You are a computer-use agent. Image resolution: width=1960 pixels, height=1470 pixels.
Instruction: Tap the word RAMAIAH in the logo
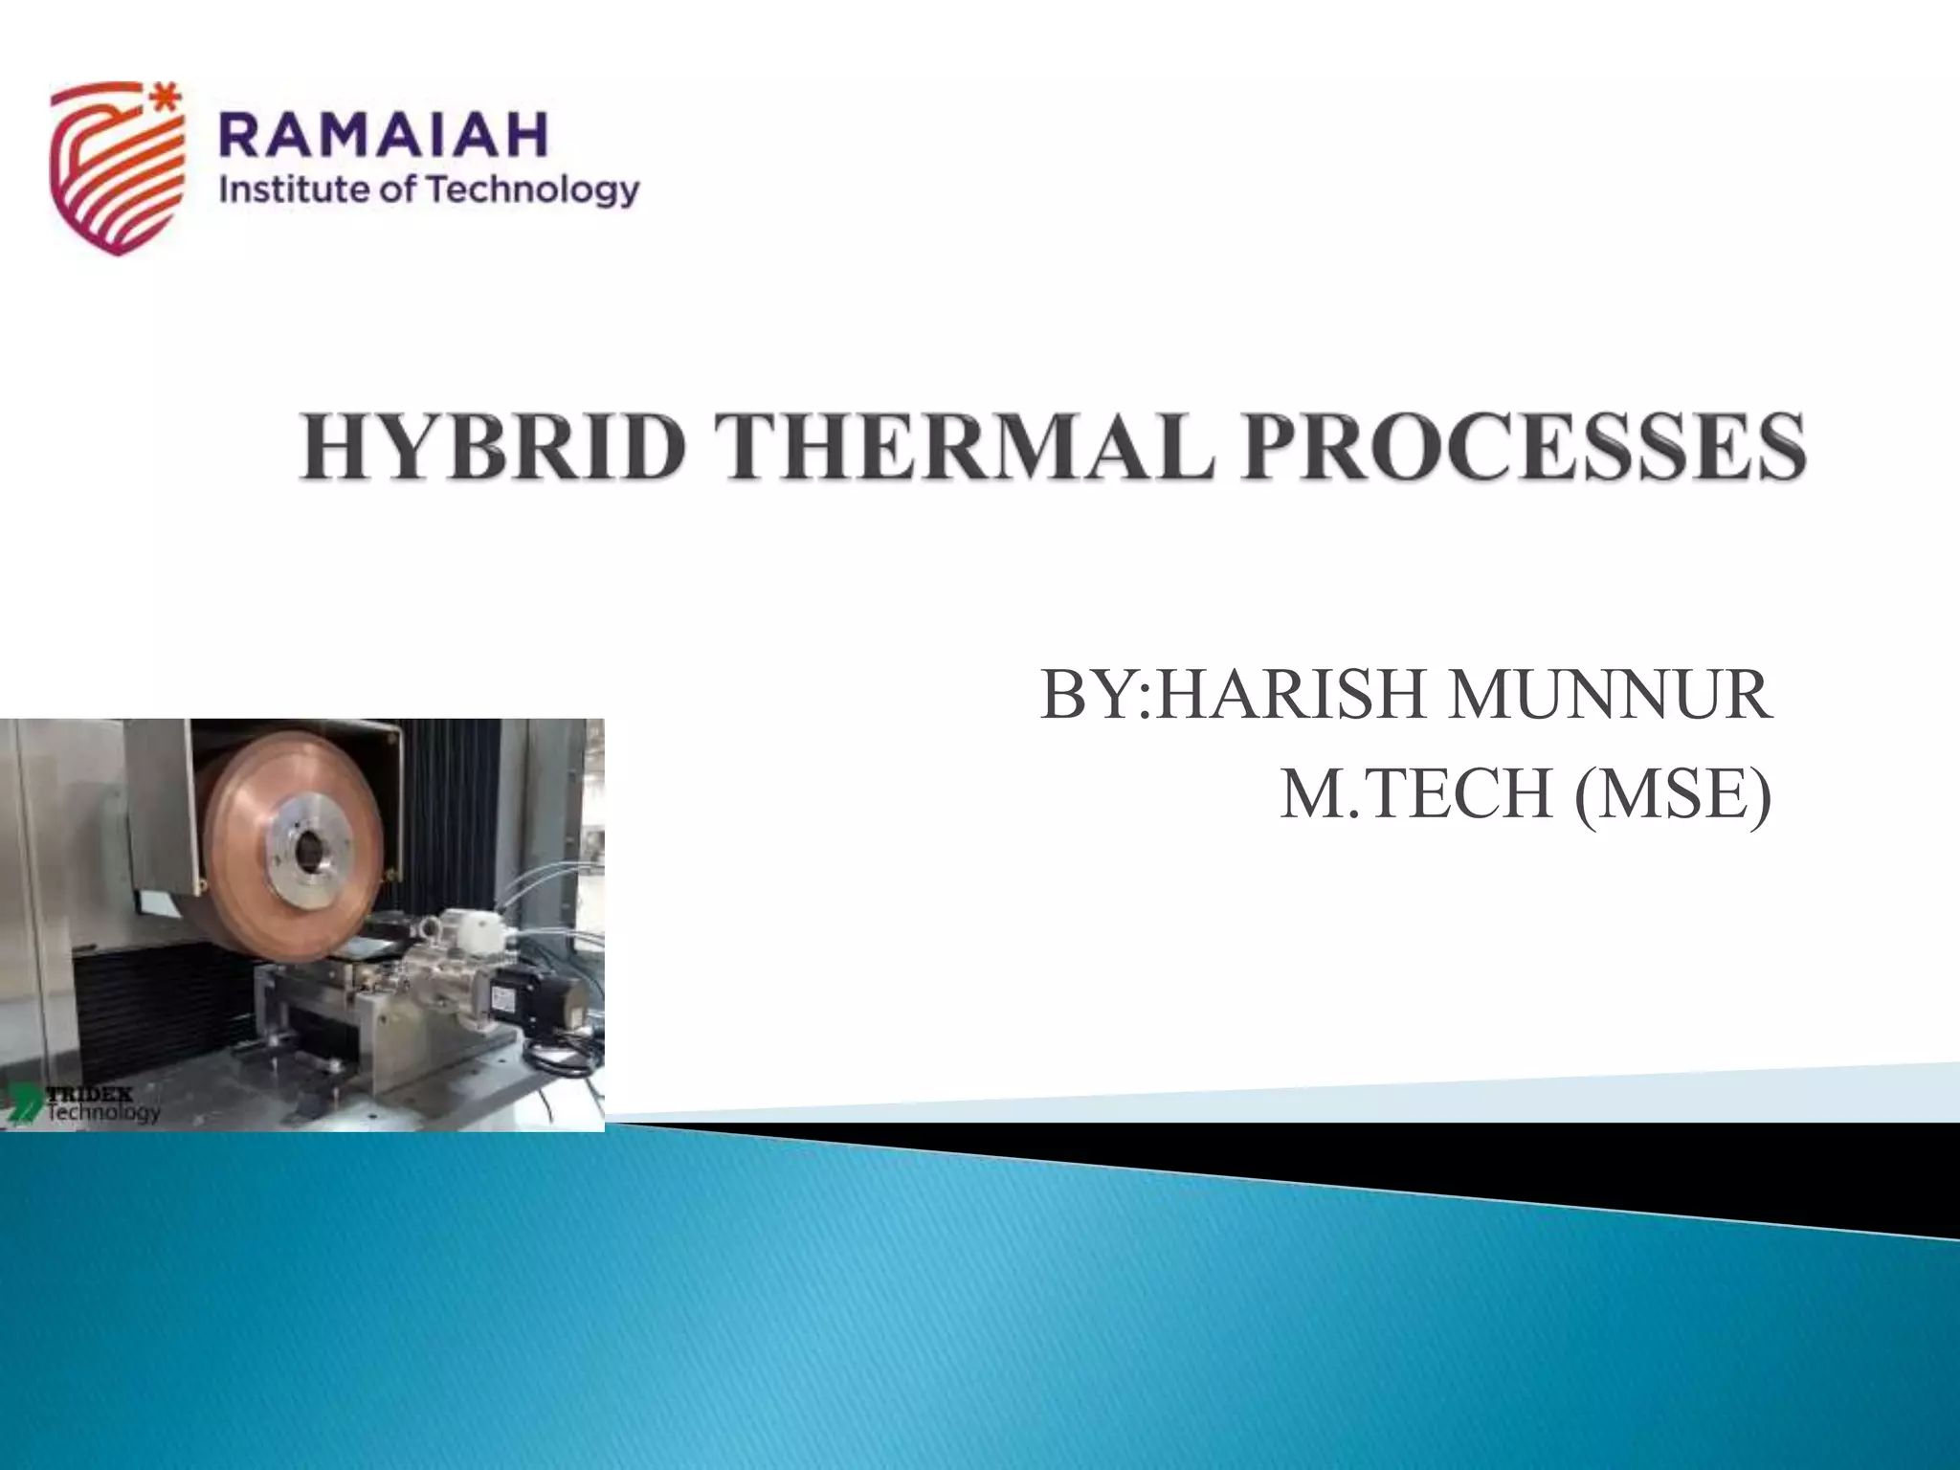click(x=383, y=135)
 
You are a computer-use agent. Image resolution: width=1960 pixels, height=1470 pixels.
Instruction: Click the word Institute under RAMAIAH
click(x=292, y=189)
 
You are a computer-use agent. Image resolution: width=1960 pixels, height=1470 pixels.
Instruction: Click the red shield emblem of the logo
click(x=113, y=172)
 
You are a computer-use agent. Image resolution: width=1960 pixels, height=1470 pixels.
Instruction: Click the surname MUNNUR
click(x=1609, y=695)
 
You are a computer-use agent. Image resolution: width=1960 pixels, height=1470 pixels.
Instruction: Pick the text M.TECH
click(x=1415, y=793)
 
